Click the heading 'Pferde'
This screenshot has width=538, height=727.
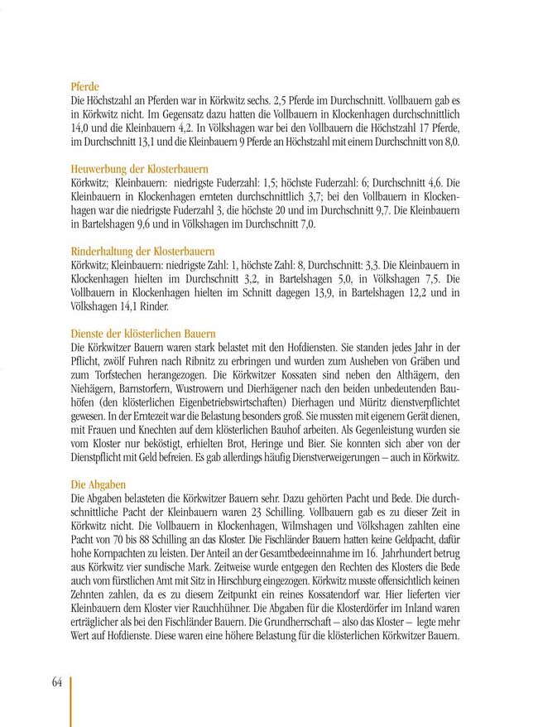[x=86, y=85]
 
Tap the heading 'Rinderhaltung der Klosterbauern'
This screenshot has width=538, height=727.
[x=143, y=250]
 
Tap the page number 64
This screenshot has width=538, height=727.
[x=57, y=682]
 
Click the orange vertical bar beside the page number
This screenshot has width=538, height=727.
[x=71, y=701]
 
